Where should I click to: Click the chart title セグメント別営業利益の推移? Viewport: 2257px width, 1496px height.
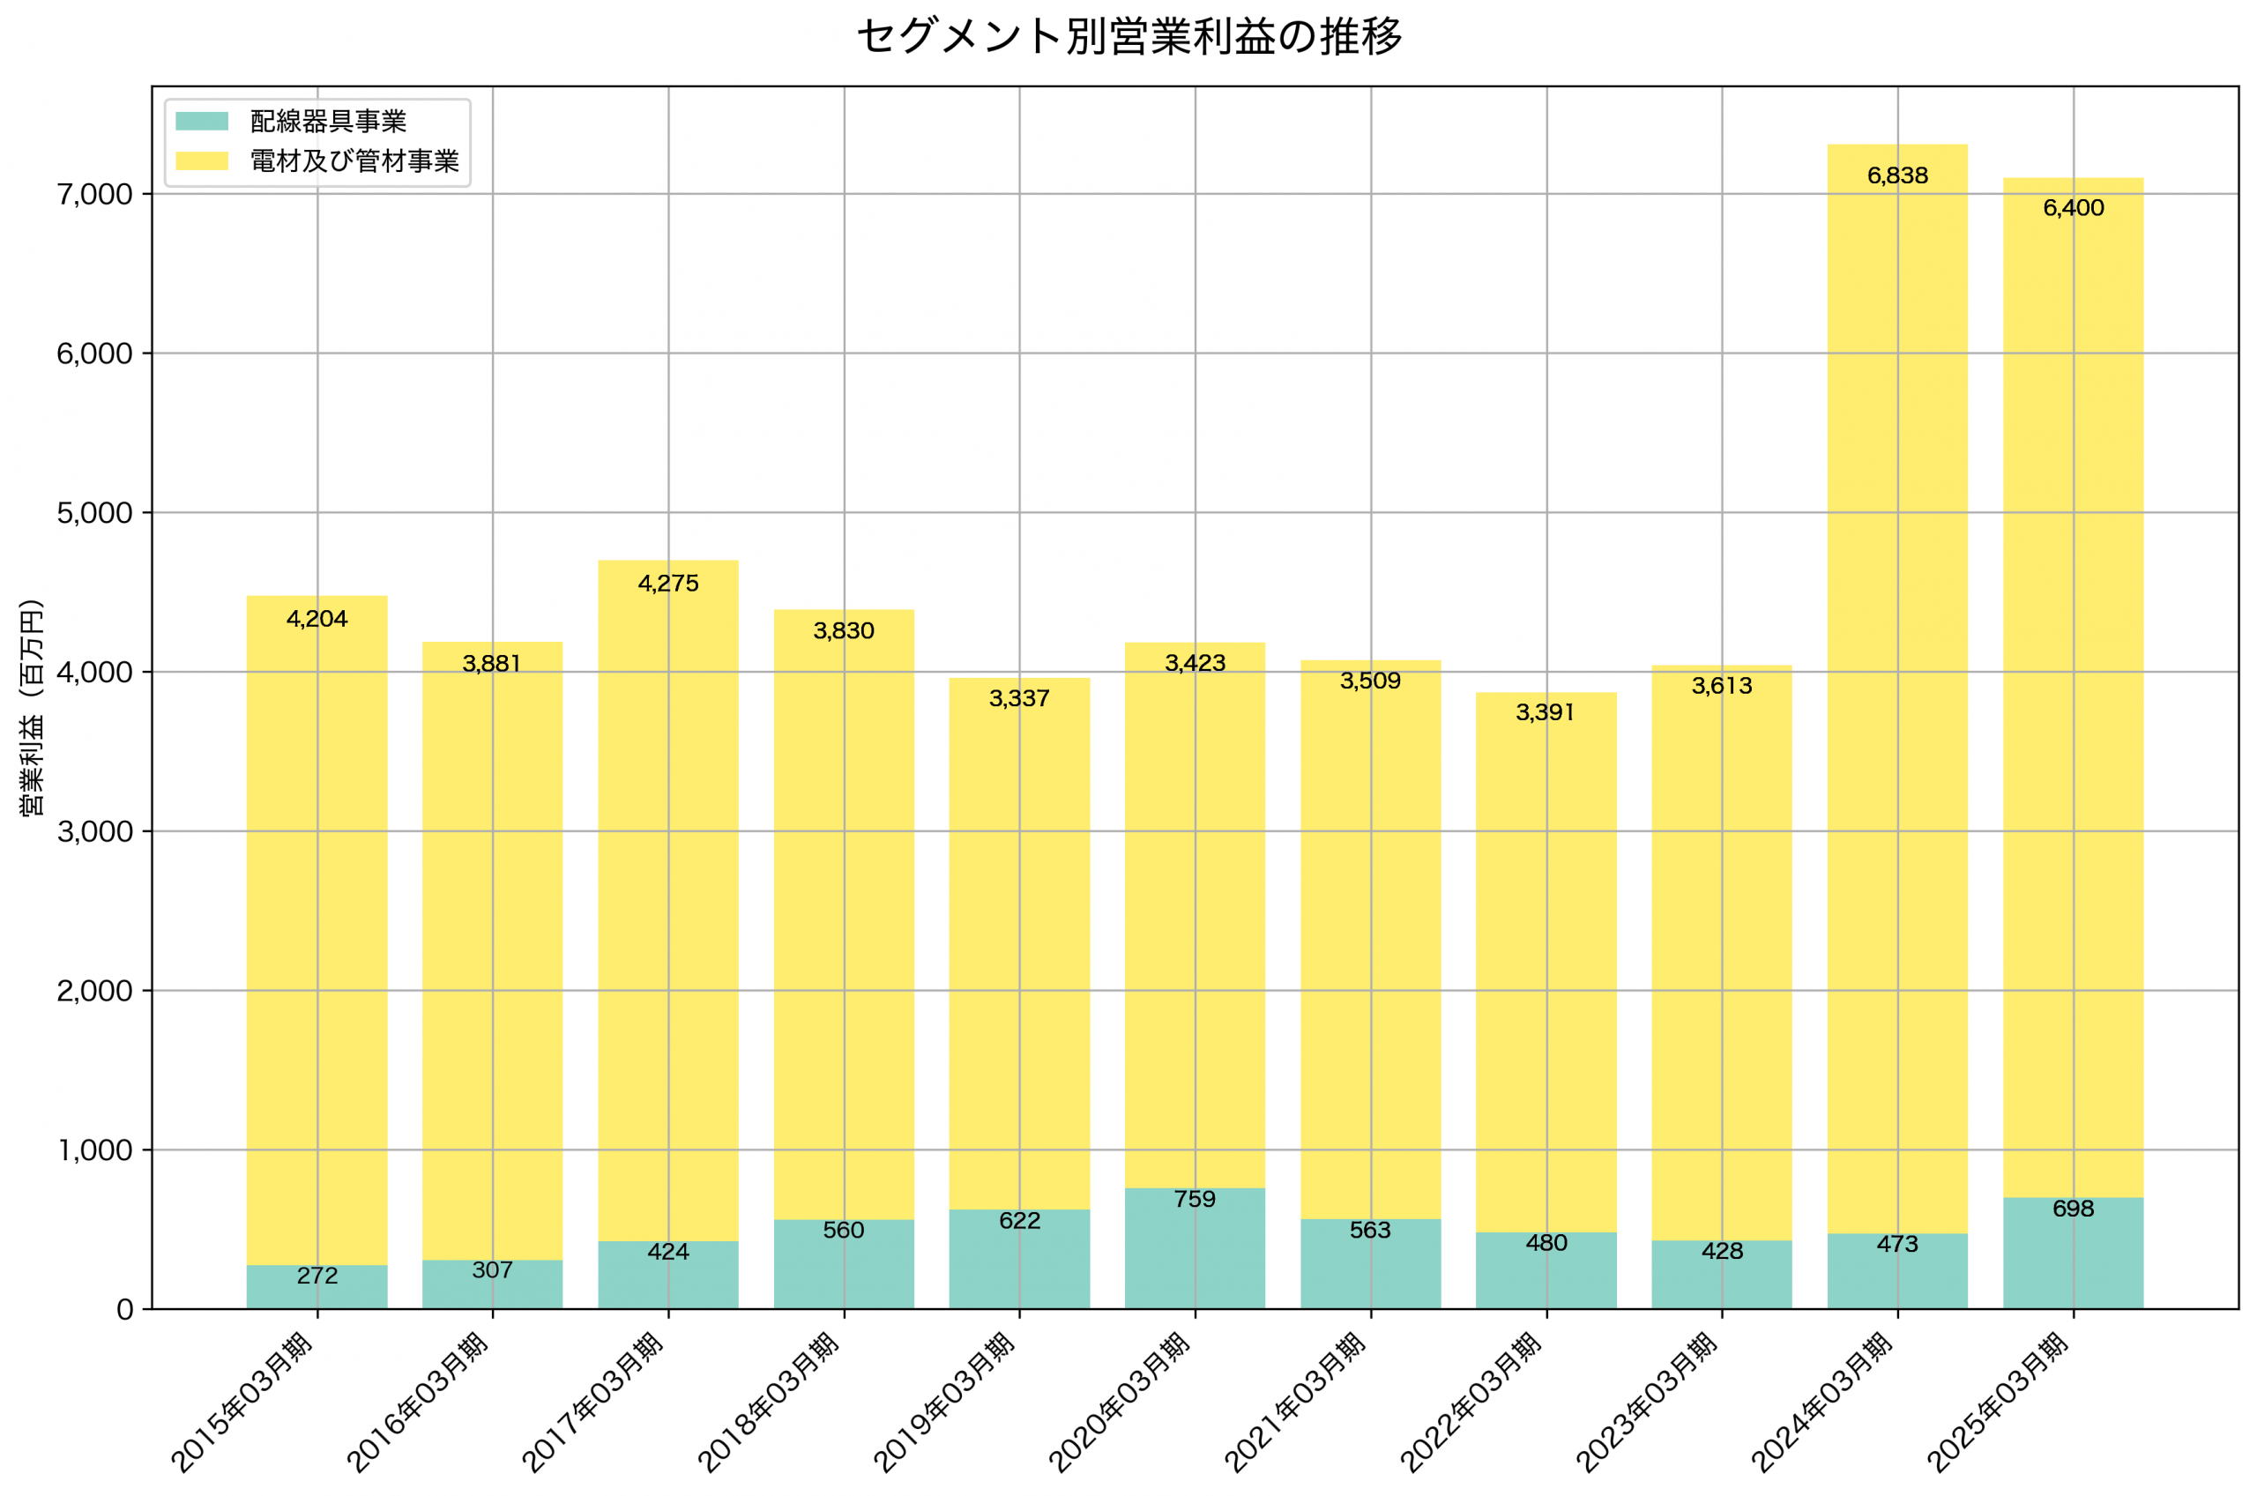click(1128, 37)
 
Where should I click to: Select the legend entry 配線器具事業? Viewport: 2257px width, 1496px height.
click(328, 121)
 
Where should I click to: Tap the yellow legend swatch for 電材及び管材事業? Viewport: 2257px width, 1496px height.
click(202, 160)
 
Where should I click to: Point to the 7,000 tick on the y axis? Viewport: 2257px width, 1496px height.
click(94, 195)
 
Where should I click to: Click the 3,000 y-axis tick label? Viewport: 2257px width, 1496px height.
click(94, 832)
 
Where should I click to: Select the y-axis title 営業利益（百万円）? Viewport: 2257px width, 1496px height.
click(32, 707)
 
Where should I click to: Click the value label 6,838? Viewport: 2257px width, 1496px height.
click(1896, 175)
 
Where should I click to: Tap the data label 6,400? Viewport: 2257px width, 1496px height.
click(2072, 208)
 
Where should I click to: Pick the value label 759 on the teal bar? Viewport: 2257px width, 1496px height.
click(1195, 1199)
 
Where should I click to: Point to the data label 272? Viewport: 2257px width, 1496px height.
click(317, 1276)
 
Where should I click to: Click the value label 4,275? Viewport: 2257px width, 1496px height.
click(667, 583)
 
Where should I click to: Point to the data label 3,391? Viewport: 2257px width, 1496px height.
click(1546, 711)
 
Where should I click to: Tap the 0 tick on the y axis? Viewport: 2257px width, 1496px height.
click(125, 1310)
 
